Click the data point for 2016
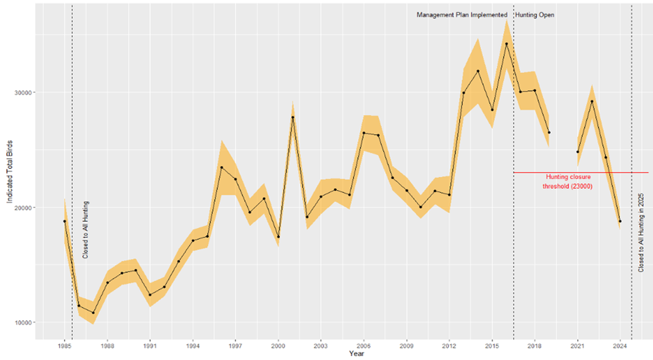(x=506, y=44)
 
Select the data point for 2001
(x=293, y=117)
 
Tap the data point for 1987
(x=93, y=313)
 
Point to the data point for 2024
(x=620, y=221)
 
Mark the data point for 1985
(x=64, y=221)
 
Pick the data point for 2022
(x=592, y=101)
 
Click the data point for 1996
(x=222, y=168)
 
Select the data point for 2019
(x=549, y=133)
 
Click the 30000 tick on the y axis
(x=24, y=92)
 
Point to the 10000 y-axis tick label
(x=24, y=322)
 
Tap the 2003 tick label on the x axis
(x=321, y=346)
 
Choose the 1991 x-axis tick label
(x=150, y=346)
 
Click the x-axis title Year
(x=357, y=354)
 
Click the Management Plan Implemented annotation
(x=462, y=15)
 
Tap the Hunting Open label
(x=535, y=15)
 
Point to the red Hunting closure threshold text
(x=568, y=182)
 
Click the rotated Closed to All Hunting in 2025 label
(x=641, y=232)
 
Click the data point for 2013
(x=463, y=93)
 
